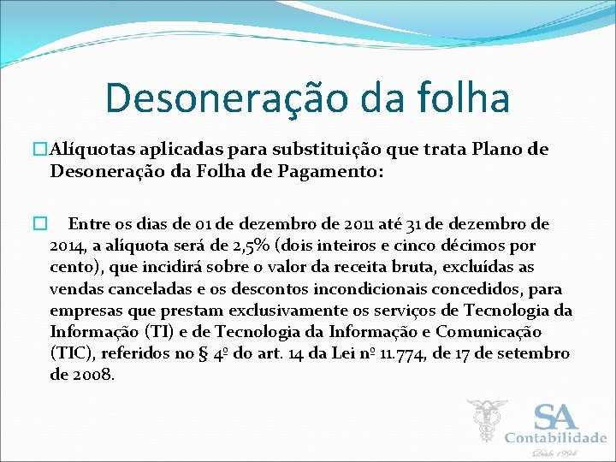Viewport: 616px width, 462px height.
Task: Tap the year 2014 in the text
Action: pyautogui.click(x=68, y=246)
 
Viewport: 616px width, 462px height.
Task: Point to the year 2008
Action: pyautogui.click(x=92, y=374)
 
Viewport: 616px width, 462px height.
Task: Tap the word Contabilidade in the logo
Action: pyautogui.click(x=555, y=438)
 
